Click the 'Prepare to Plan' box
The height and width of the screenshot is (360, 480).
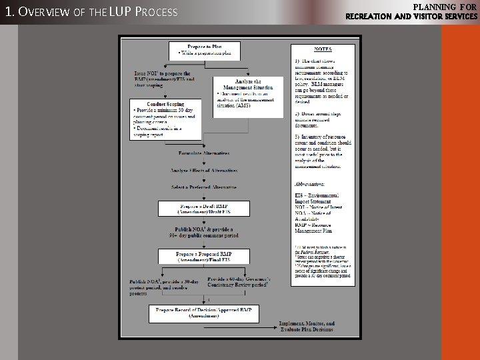(x=204, y=50)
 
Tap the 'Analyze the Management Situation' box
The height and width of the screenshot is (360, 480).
(x=248, y=93)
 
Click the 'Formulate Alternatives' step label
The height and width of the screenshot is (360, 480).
(x=203, y=153)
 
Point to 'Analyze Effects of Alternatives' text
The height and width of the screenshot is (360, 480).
(x=203, y=171)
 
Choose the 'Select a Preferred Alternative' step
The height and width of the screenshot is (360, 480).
(x=203, y=187)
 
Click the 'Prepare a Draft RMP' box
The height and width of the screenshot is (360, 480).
(x=203, y=209)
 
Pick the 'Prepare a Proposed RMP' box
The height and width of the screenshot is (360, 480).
(x=203, y=257)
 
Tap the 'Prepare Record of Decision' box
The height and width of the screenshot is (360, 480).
(x=203, y=313)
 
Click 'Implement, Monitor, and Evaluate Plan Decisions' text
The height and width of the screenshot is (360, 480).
(x=307, y=327)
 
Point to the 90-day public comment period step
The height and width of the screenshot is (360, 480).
(x=203, y=233)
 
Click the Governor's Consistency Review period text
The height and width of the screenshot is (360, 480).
(x=238, y=282)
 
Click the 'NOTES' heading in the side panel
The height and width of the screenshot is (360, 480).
(x=323, y=49)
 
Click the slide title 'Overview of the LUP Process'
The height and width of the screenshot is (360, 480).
(x=91, y=12)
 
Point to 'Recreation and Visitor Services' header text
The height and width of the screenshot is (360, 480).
(x=411, y=16)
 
